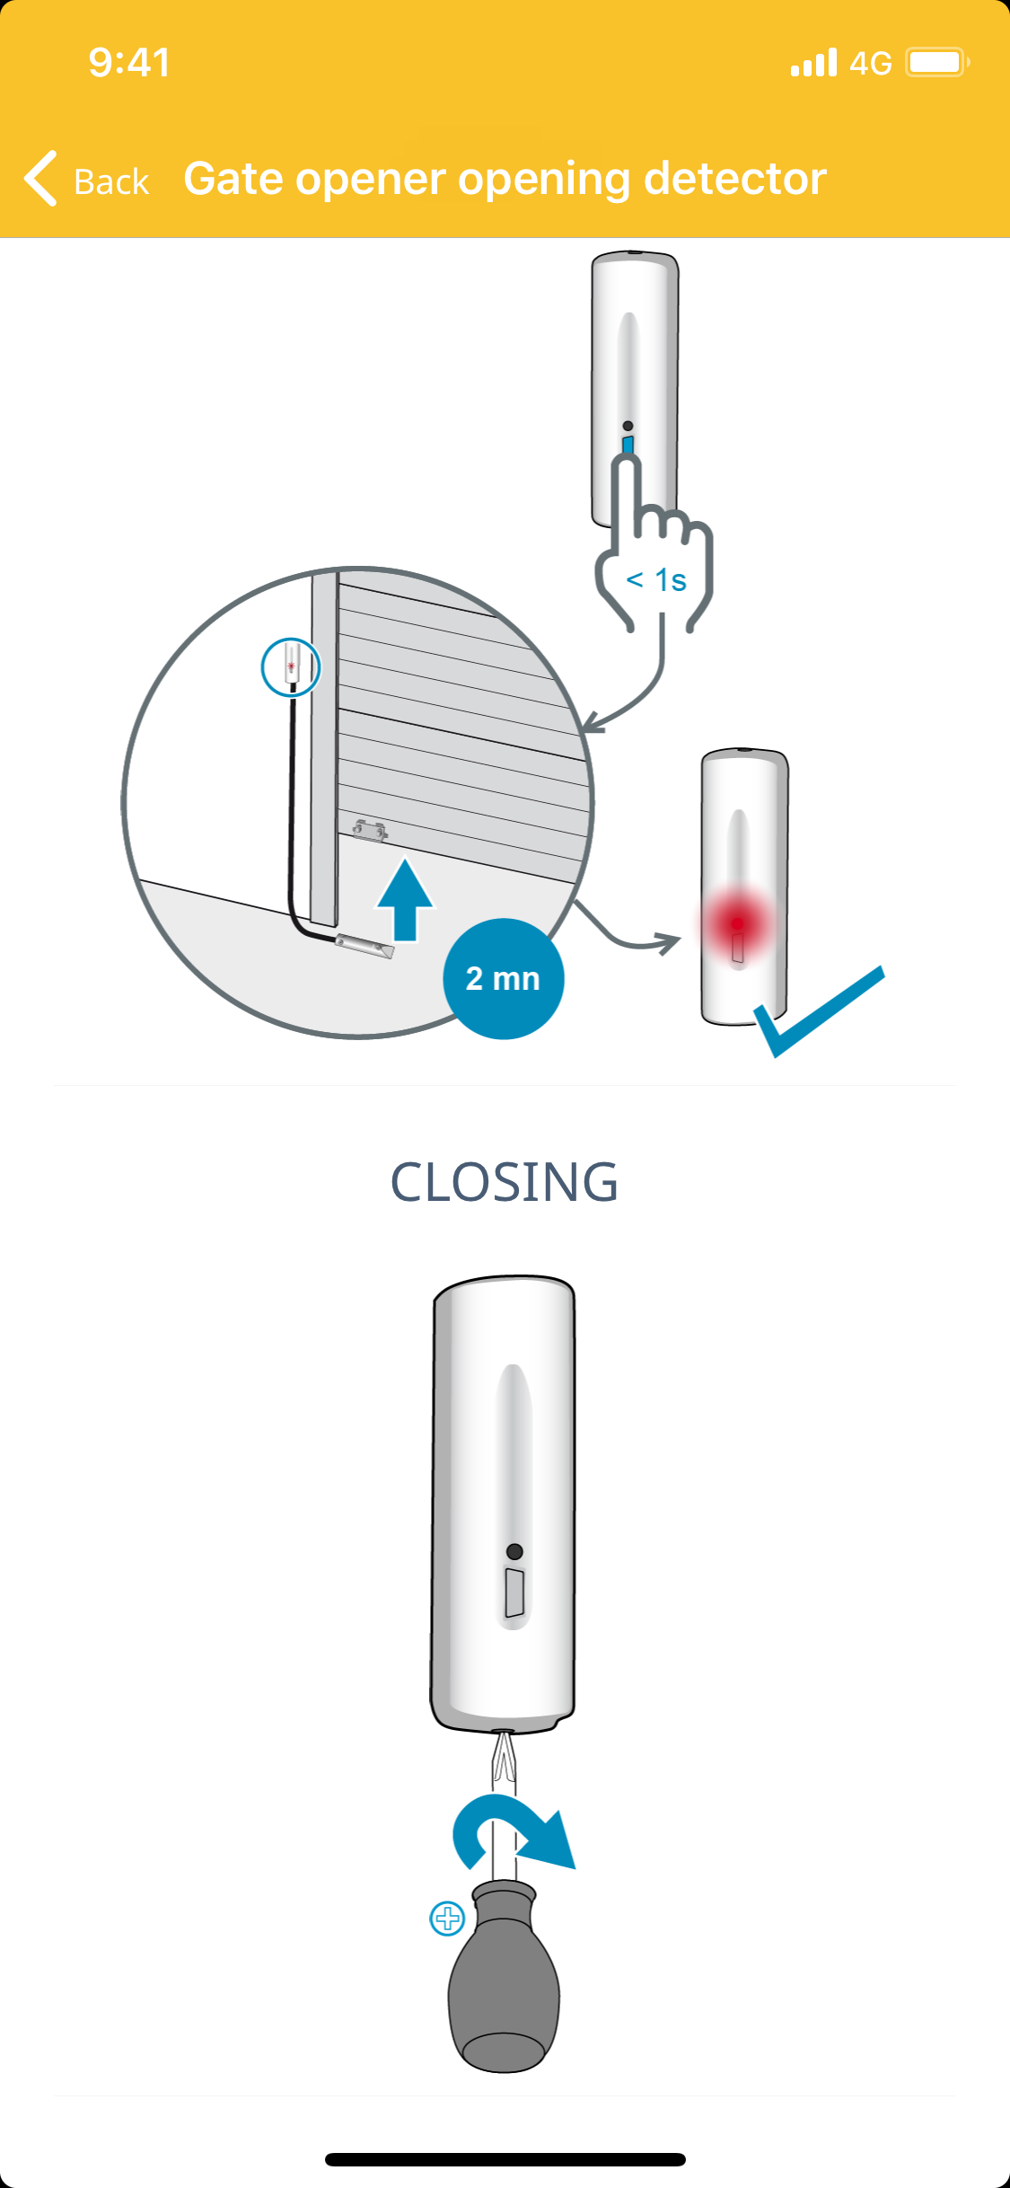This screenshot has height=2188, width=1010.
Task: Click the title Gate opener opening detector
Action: pos(505,179)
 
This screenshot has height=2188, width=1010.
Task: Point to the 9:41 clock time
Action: pos(129,63)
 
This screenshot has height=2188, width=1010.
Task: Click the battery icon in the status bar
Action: pos(936,63)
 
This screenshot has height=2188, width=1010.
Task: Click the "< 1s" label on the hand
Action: pos(656,580)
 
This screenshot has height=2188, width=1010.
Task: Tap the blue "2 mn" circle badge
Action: pos(503,978)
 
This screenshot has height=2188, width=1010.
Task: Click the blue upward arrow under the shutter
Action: pos(406,900)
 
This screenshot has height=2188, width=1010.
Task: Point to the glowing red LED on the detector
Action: pos(737,923)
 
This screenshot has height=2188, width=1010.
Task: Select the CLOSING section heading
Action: pos(505,1181)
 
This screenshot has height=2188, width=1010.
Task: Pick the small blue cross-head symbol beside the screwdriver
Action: pos(447,1919)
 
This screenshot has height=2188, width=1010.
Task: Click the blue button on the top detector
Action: pos(628,446)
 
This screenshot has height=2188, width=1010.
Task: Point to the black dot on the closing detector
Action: pos(514,1551)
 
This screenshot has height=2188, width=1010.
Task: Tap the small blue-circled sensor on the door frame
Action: pos(291,667)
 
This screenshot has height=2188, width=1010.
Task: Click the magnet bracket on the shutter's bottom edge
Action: pos(369,830)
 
